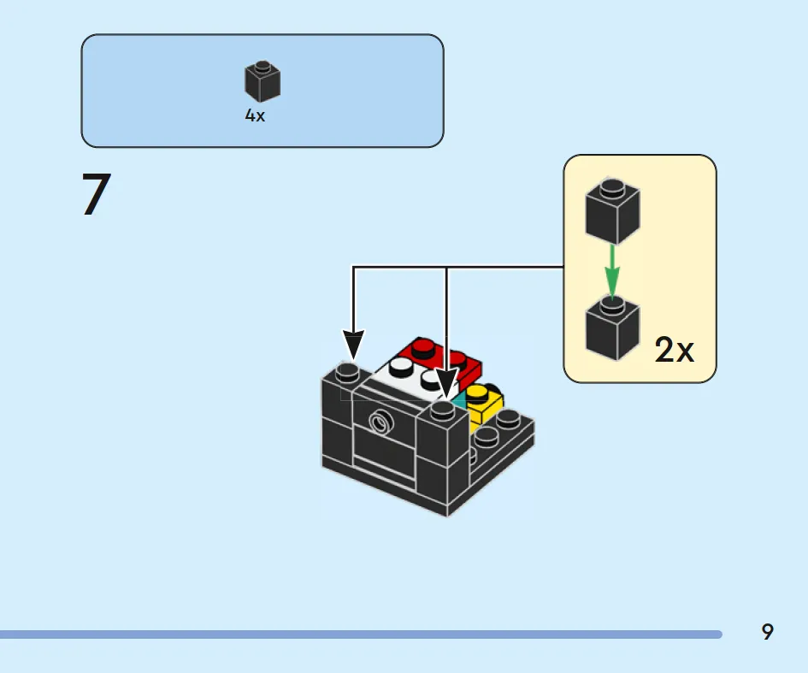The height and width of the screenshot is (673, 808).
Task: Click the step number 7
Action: click(97, 194)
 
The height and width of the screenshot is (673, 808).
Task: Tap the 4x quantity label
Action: click(255, 115)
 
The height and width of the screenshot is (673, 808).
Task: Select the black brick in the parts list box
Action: click(262, 81)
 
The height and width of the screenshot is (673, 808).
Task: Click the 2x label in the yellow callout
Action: click(674, 350)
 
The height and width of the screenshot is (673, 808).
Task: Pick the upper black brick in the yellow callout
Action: click(613, 210)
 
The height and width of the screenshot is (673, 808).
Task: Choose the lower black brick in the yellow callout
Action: click(613, 328)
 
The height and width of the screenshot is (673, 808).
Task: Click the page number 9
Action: click(767, 631)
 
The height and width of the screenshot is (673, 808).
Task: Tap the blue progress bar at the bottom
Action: click(361, 635)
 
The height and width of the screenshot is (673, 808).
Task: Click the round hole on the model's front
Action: click(381, 422)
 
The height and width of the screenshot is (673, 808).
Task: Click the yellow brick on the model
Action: click(484, 404)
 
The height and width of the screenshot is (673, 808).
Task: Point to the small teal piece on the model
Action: click(458, 400)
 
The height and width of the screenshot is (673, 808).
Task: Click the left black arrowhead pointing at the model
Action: click(353, 345)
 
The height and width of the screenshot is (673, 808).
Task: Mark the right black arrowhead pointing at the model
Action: click(446, 382)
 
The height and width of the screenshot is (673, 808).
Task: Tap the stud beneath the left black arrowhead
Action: click(348, 371)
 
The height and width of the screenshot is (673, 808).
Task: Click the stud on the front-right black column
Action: click(443, 410)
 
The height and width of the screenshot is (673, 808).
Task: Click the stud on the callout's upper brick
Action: click(613, 186)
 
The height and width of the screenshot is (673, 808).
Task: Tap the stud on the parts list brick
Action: click(262, 67)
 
